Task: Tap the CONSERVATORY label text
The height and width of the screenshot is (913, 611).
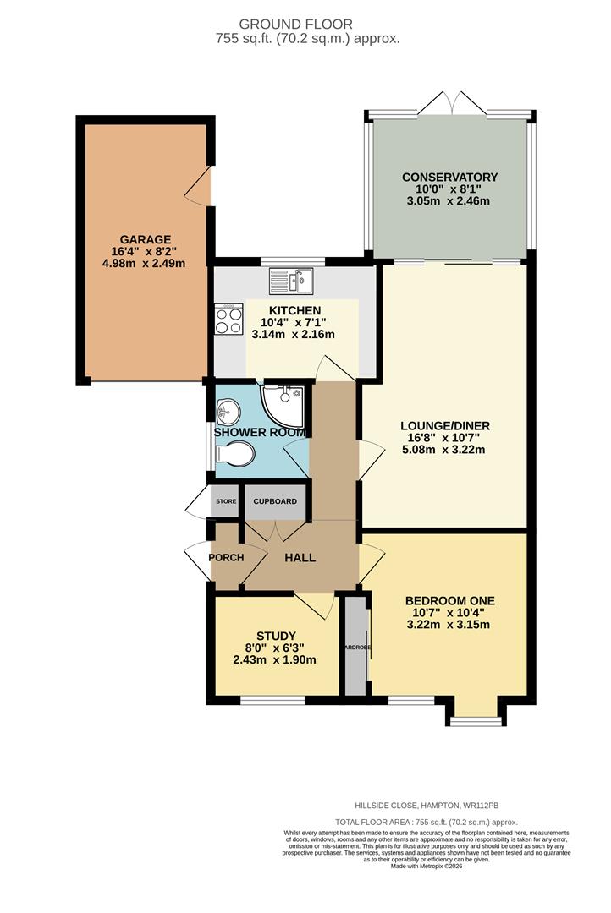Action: point(449,177)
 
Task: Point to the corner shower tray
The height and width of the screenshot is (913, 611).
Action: point(286,402)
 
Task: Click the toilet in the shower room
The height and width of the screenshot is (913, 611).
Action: point(235,454)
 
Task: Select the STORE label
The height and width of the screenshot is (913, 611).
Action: point(226,502)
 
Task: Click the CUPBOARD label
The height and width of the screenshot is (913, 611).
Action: point(275,502)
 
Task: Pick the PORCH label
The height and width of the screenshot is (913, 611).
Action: point(226,558)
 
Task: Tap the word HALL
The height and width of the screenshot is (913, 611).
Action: point(300,558)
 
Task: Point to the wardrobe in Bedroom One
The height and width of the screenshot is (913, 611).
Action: point(355,647)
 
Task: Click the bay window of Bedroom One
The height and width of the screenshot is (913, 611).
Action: point(478,721)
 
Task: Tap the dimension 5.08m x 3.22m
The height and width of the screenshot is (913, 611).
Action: point(446,450)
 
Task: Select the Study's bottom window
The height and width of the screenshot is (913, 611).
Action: point(272,701)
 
